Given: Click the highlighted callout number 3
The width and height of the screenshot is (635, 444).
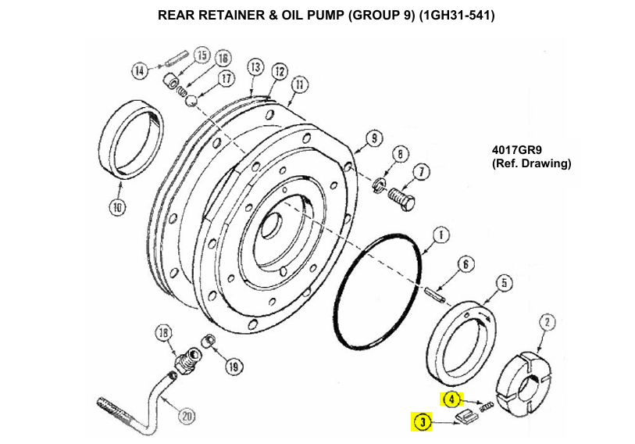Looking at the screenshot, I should (x=422, y=423).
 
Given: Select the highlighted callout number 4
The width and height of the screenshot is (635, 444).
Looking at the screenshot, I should (x=451, y=399).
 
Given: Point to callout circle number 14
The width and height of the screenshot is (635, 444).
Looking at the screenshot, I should (x=139, y=70).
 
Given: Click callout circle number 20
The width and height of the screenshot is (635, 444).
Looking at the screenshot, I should (x=187, y=415).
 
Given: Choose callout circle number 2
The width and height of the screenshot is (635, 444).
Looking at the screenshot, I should (x=548, y=321).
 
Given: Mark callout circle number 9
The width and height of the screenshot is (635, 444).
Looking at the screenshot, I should (x=373, y=138).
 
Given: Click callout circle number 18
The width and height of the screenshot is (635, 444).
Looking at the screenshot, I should (x=162, y=334).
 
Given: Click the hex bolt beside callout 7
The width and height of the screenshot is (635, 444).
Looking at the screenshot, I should (x=400, y=195).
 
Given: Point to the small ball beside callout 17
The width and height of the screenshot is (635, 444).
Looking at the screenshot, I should (x=199, y=98).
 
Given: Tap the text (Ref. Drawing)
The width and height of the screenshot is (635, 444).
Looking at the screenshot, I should (x=531, y=164).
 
